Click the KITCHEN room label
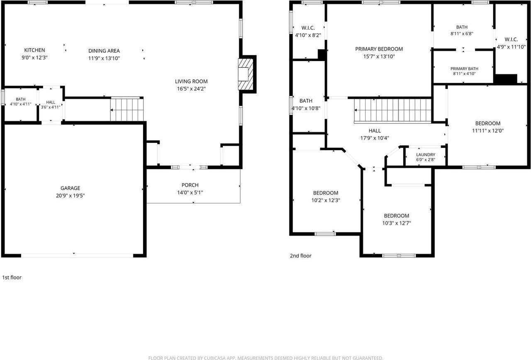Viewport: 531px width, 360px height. coord(34,50)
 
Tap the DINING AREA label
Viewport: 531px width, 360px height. coord(104,51)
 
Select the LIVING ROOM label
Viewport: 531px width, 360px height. coord(191,81)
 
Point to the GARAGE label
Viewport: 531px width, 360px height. coord(70,188)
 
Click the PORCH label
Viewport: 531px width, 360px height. coord(190,185)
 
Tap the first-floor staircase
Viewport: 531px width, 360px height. coord(127,109)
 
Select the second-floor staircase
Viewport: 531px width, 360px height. coord(392,110)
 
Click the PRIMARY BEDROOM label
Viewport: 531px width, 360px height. coord(379,49)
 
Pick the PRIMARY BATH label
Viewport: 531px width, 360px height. coord(464,69)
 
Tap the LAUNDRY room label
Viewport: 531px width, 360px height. coord(426,155)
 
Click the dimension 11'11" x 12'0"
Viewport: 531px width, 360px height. coord(488,130)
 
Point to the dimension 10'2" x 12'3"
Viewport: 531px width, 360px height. coord(326,200)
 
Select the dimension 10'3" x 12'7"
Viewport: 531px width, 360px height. coord(397,223)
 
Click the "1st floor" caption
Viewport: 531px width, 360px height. coord(12,277)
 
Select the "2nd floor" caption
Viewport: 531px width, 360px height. coord(301,256)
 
